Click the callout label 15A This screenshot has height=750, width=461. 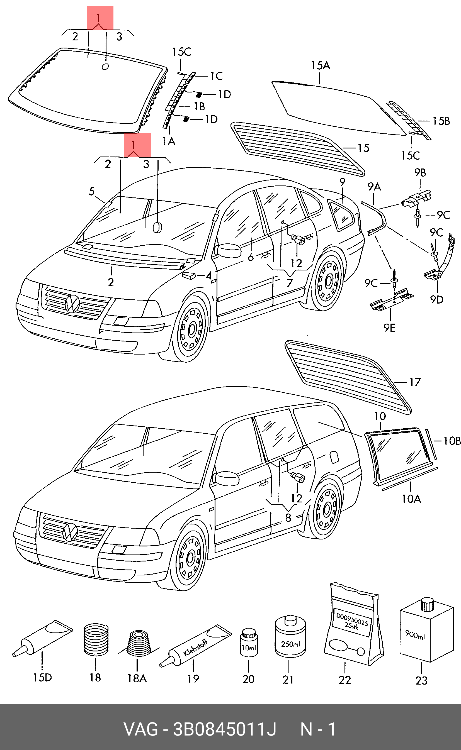[321, 65]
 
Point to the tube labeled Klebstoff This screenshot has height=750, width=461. [195, 646]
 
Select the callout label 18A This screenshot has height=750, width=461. [137, 678]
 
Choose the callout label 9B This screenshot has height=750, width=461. [420, 173]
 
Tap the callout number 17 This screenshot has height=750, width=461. [415, 382]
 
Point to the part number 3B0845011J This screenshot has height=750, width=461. [225, 729]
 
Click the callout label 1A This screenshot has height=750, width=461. [169, 141]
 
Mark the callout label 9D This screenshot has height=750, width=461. [436, 300]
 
